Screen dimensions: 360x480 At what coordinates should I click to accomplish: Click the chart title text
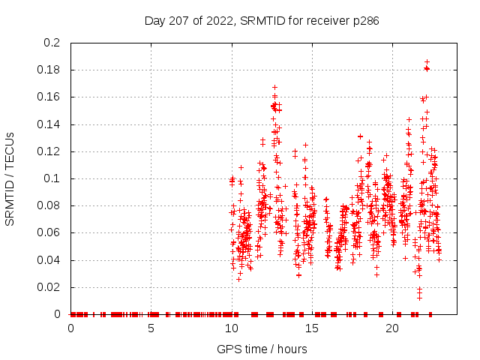click(x=261, y=21)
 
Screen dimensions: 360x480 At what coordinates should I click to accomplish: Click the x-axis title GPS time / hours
click(x=262, y=349)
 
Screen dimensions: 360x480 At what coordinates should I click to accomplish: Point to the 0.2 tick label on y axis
click(x=51, y=43)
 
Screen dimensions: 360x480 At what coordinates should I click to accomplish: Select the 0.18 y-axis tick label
click(x=48, y=70)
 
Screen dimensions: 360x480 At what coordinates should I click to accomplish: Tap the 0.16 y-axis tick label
click(x=48, y=97)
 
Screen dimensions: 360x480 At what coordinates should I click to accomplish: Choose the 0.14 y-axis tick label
click(x=48, y=124)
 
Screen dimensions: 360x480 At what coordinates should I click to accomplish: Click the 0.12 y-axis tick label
click(x=48, y=151)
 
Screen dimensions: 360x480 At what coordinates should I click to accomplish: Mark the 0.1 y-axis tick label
click(x=51, y=178)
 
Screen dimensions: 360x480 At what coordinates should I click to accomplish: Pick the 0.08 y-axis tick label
click(x=48, y=205)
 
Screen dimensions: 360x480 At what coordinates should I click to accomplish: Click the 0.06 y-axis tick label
click(x=48, y=233)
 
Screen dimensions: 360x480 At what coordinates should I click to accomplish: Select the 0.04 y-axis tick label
click(x=48, y=260)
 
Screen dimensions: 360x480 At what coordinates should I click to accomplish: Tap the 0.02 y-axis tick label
click(x=48, y=287)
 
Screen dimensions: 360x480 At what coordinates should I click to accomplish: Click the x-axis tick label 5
click(x=151, y=328)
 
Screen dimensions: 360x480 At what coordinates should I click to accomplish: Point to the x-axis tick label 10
click(x=232, y=328)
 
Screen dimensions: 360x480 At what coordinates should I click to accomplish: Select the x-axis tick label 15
click(x=312, y=328)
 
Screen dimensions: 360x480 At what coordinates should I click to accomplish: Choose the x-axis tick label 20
click(x=392, y=328)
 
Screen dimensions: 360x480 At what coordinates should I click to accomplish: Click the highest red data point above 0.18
click(x=427, y=61)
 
